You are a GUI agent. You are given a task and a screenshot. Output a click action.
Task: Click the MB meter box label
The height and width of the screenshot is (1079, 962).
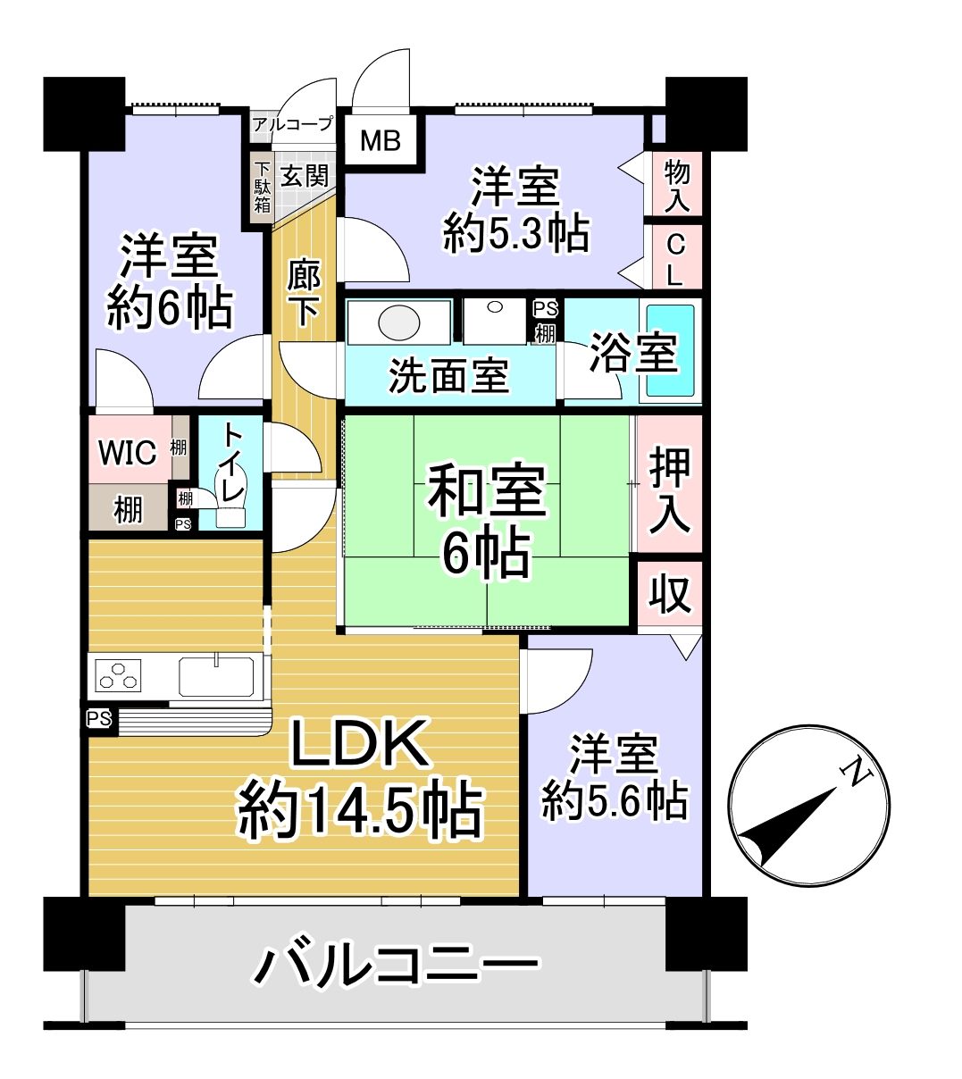tap(381, 140)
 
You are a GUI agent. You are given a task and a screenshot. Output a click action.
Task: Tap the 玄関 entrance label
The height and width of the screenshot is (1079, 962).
tap(305, 176)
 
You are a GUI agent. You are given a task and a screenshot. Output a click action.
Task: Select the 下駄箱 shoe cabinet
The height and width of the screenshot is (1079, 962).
tap(262, 188)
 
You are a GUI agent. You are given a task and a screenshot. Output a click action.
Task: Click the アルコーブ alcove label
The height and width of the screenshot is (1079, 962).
tap(292, 124)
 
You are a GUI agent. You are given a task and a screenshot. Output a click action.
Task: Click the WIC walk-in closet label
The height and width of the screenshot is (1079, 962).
tap(128, 452)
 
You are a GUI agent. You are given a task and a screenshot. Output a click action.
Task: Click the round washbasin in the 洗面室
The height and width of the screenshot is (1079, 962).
tap(399, 322)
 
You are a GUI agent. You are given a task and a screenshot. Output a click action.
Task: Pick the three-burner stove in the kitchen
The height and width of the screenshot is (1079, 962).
tap(118, 675)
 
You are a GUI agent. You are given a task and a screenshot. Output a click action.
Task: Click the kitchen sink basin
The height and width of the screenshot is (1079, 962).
tap(216, 676)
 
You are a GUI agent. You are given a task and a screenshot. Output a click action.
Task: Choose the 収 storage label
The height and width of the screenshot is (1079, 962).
tap(670, 594)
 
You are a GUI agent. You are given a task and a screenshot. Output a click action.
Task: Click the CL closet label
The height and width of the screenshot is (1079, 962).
tap(675, 260)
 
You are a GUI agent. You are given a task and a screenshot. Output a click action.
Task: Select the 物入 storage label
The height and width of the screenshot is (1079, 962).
tap(676, 186)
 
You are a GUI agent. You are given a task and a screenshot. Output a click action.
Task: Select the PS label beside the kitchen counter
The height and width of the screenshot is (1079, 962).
tap(99, 720)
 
